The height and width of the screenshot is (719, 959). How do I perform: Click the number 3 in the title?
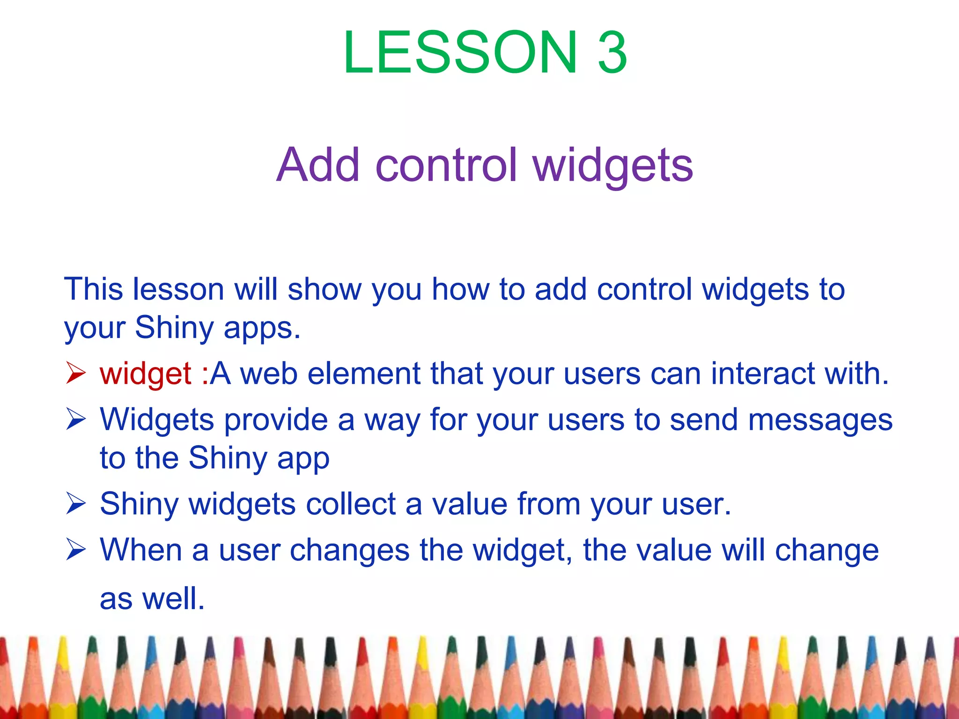point(612,52)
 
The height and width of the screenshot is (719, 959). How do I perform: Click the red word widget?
point(145,374)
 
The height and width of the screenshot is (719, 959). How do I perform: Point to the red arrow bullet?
point(75,373)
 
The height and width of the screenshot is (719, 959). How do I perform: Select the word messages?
point(820,420)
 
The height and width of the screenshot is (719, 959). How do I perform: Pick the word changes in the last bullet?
point(349,550)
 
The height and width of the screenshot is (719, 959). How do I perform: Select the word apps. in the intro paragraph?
point(262,328)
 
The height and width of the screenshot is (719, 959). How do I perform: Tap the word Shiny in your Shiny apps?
point(174,328)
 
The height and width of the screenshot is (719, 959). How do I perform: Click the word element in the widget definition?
point(364,374)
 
